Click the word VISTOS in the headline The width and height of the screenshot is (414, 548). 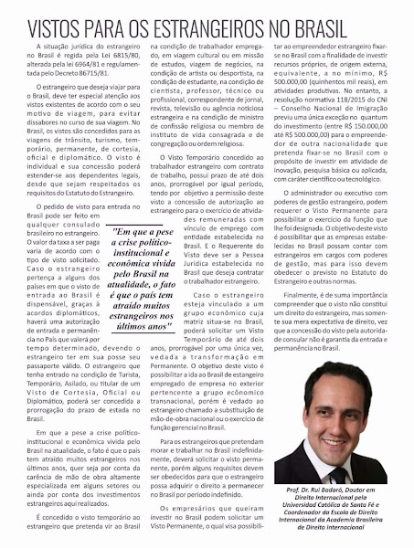(59, 21)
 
